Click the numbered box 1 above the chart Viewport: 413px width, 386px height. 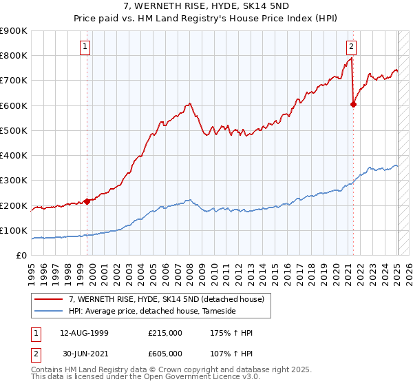[85, 47]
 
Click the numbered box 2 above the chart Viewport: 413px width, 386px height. [351, 47]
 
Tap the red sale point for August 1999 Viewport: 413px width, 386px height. [87, 201]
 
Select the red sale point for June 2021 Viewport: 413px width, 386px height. [353, 105]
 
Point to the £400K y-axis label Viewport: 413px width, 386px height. [14, 155]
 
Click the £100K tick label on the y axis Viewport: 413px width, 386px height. [14, 230]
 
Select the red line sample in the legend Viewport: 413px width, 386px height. [48, 298]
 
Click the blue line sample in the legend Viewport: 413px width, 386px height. [48, 312]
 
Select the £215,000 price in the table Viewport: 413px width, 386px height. [165, 333]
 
